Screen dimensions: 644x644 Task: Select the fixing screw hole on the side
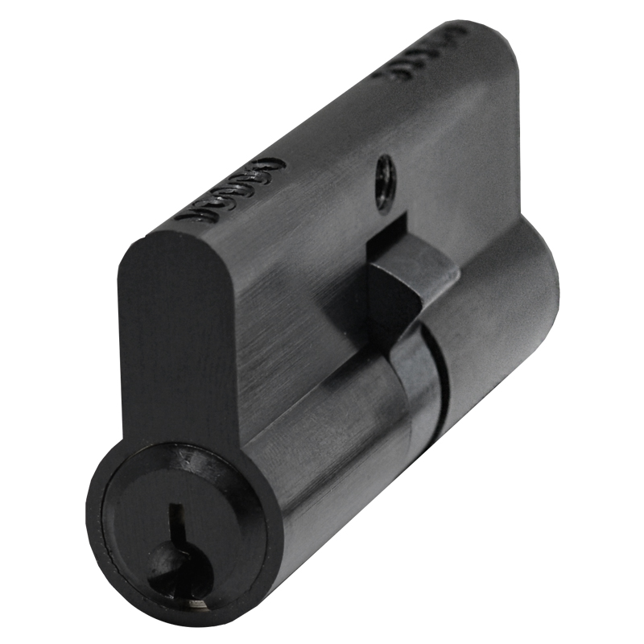coord(386,181)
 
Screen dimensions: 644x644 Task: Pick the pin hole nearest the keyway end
coord(192,215)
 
